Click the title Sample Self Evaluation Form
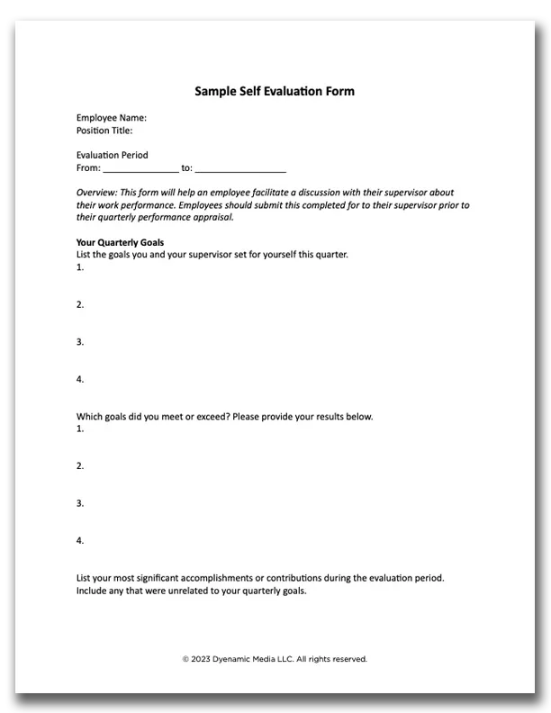275,91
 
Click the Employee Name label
111,118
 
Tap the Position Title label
104,131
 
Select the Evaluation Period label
112,155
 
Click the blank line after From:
140,168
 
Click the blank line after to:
240,168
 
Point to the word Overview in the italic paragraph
95,193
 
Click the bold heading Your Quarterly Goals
120,242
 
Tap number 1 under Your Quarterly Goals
80,267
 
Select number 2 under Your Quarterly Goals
80,304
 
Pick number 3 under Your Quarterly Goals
80,342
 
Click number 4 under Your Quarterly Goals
80,379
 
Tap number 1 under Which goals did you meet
80,429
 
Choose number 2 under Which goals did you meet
80,465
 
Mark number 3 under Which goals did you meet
80,503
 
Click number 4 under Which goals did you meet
80,540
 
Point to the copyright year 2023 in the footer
200,659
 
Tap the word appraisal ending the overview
212,217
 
